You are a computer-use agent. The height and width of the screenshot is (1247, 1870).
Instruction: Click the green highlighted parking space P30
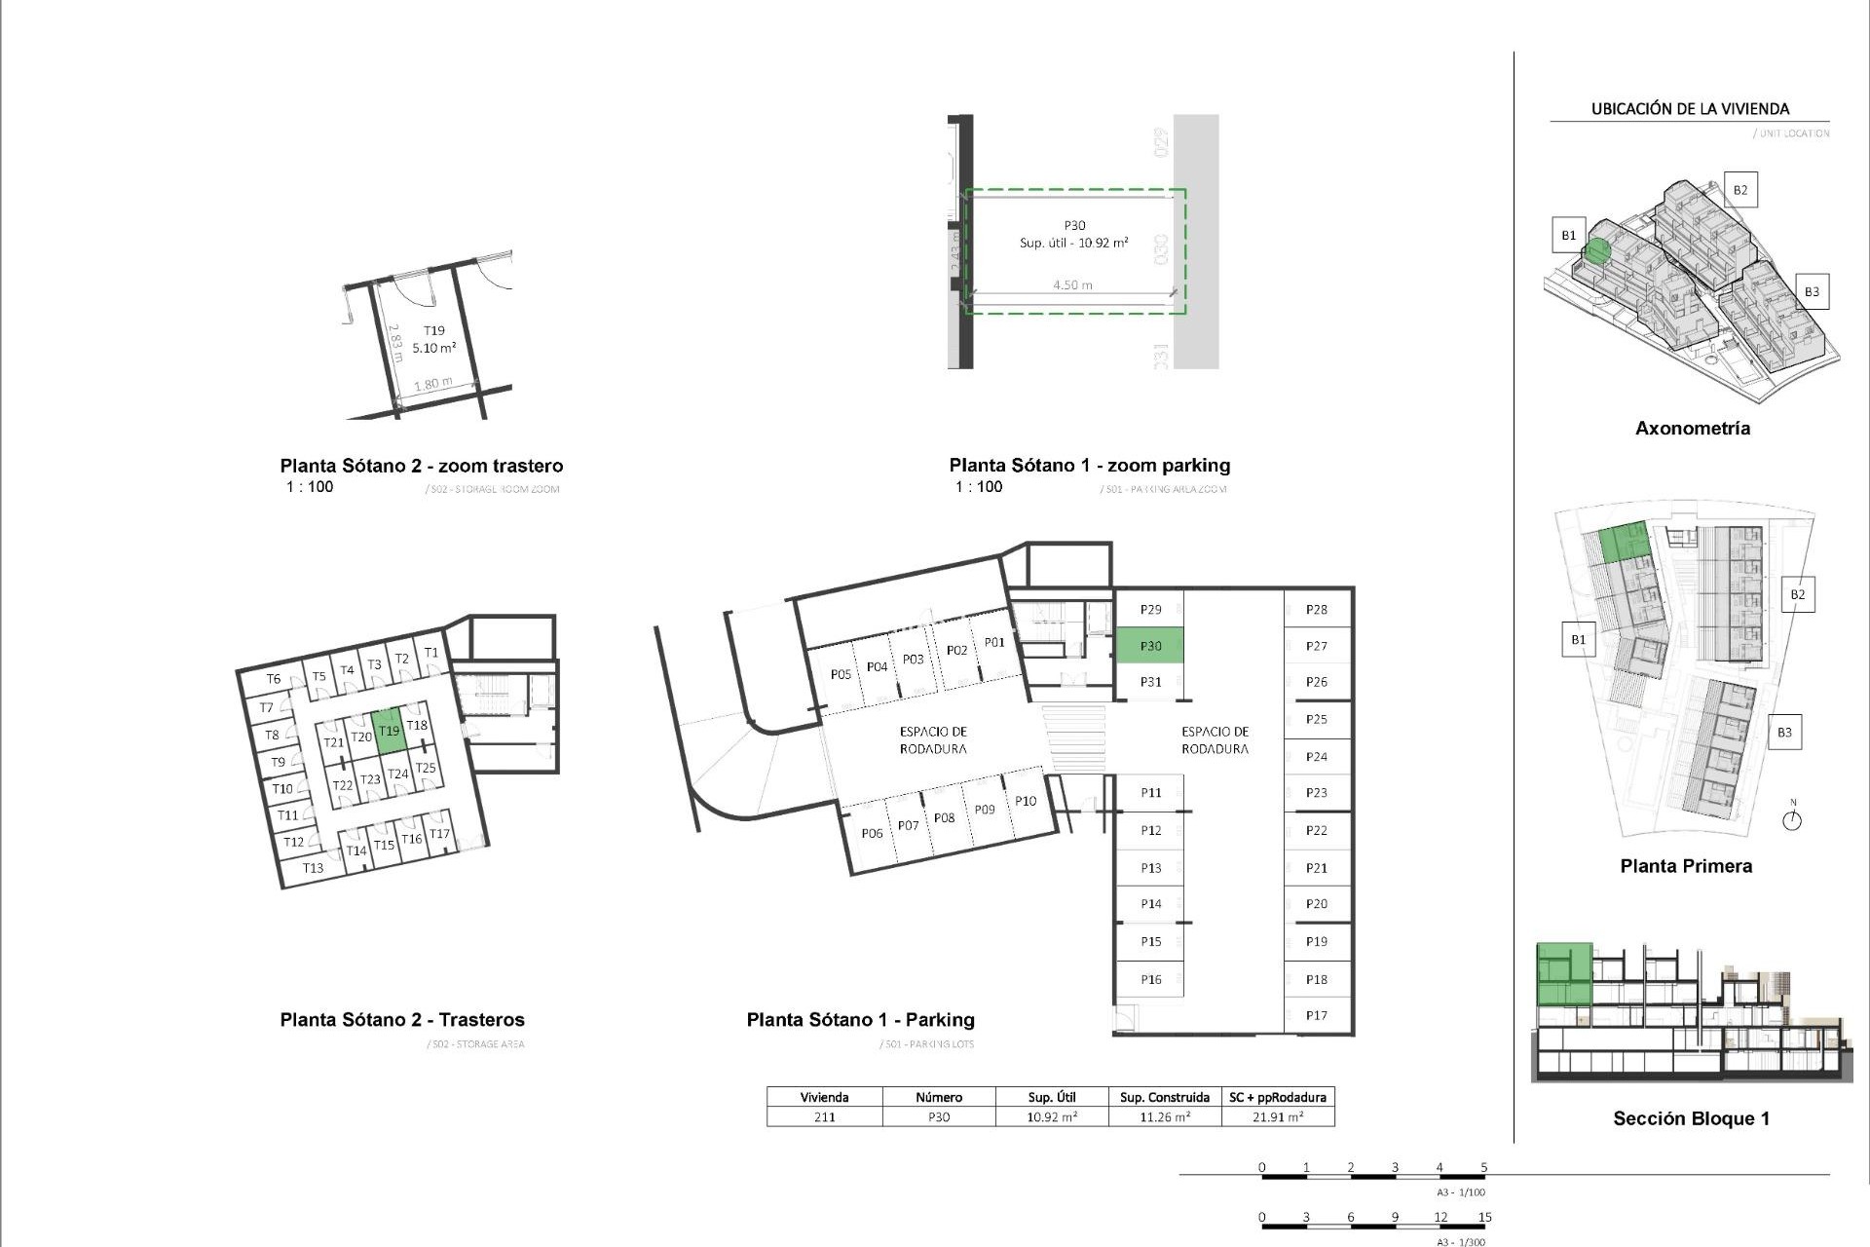point(1150,646)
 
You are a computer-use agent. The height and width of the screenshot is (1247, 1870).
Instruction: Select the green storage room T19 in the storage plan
point(389,731)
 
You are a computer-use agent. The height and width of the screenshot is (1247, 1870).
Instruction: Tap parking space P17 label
point(1317,1015)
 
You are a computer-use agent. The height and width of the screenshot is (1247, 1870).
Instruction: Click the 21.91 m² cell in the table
point(1278,1117)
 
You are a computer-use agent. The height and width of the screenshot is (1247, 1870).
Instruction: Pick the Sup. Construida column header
point(1165,1097)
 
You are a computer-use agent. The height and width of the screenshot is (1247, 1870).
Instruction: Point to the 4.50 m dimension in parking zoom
point(1072,285)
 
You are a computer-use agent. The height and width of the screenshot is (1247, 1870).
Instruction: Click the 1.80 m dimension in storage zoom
point(433,384)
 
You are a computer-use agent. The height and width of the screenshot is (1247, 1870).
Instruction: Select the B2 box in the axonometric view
point(1740,190)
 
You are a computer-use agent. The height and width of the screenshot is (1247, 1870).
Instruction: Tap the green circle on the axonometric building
point(1596,251)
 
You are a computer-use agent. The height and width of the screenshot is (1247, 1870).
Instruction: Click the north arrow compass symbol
point(1792,819)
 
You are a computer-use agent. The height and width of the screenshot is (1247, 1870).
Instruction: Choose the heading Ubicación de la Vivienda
point(1690,109)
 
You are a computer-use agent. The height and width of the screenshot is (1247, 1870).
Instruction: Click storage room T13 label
point(313,868)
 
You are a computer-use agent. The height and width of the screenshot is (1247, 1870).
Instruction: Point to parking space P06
point(872,833)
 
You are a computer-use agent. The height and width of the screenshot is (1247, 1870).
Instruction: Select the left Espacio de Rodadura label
point(933,740)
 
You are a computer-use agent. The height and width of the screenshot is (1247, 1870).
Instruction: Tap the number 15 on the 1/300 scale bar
point(1484,1217)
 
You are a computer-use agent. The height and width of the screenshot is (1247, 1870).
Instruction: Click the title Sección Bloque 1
point(1691,1118)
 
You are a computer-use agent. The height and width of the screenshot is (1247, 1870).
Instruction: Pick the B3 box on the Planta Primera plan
point(1784,733)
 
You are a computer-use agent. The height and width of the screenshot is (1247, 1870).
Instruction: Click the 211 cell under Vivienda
point(824,1117)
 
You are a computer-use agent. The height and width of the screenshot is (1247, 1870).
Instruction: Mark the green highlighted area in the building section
point(1564,974)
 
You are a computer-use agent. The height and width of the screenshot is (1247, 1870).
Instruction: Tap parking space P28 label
point(1317,610)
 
